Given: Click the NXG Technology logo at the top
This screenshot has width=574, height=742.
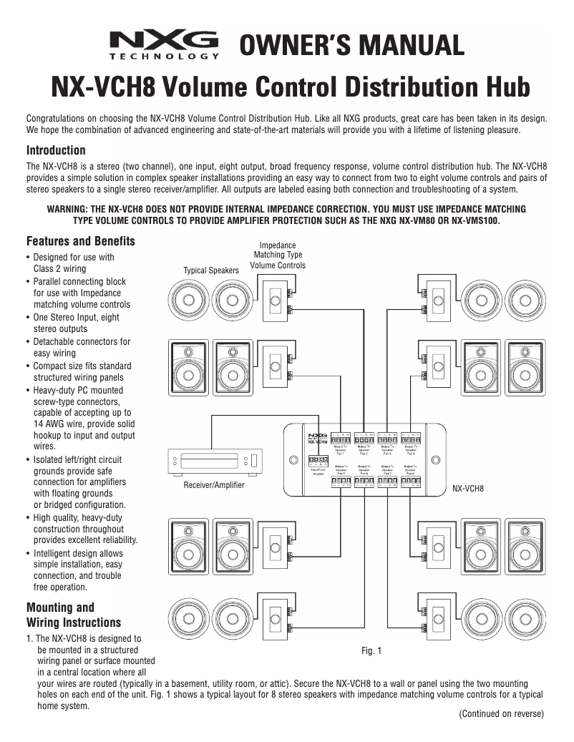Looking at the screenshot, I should [x=164, y=45].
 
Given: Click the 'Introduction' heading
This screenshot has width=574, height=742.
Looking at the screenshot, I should [x=56, y=150].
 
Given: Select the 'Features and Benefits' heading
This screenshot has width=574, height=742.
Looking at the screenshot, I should [x=80, y=241].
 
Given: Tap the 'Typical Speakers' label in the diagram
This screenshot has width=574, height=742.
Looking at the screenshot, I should [x=210, y=270].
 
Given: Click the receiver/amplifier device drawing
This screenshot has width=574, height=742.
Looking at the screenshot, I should [x=214, y=460].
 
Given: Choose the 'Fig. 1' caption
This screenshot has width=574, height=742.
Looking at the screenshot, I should [x=371, y=650].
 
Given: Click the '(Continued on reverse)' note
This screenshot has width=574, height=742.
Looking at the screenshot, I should [x=501, y=713].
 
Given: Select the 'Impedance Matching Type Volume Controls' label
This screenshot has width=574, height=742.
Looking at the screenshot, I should [x=278, y=255].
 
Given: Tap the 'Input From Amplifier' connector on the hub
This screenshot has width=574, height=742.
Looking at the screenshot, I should [x=318, y=463].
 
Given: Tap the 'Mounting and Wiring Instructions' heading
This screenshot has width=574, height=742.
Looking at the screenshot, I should [x=73, y=615].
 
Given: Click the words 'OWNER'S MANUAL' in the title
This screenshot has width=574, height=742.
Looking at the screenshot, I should [x=351, y=45].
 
